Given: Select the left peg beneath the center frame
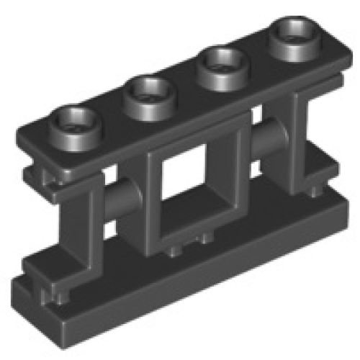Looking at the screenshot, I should tap(175, 250).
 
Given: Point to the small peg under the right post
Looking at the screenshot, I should tap(318, 192).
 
